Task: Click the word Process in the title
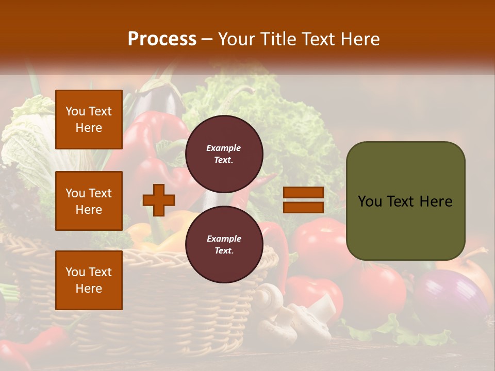(x=162, y=39)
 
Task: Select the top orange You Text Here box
(x=89, y=120)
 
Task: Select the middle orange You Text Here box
(x=89, y=201)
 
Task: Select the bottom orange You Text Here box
(x=89, y=280)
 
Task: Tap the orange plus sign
(x=159, y=200)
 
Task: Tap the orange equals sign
(x=303, y=200)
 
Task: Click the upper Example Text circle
(x=224, y=154)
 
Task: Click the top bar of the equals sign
(x=303, y=193)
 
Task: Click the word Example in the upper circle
(x=224, y=148)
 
